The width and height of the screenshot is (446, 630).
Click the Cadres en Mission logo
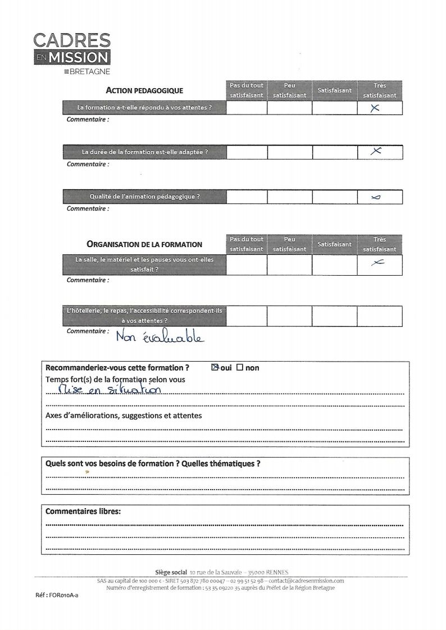point(71,53)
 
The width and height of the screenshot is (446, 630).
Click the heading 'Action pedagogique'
point(144,91)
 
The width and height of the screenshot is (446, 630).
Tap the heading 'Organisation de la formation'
point(144,244)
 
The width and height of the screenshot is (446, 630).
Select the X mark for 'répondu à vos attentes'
point(376,109)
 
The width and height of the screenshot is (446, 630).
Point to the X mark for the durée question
point(377,151)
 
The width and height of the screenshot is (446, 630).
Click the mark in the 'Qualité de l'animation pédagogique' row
point(376,197)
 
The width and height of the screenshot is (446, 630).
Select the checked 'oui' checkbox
point(214,368)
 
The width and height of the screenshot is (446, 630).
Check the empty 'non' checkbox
point(239,368)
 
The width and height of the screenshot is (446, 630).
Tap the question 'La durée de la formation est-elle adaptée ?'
point(145,152)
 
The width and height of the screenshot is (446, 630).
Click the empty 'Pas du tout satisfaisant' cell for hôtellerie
point(246,316)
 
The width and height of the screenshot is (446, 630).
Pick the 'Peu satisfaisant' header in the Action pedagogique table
point(289,90)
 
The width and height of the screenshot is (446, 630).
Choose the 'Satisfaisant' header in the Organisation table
point(335,244)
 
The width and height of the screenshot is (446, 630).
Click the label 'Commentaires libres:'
point(83,512)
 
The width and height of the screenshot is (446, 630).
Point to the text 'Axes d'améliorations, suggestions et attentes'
point(123,416)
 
